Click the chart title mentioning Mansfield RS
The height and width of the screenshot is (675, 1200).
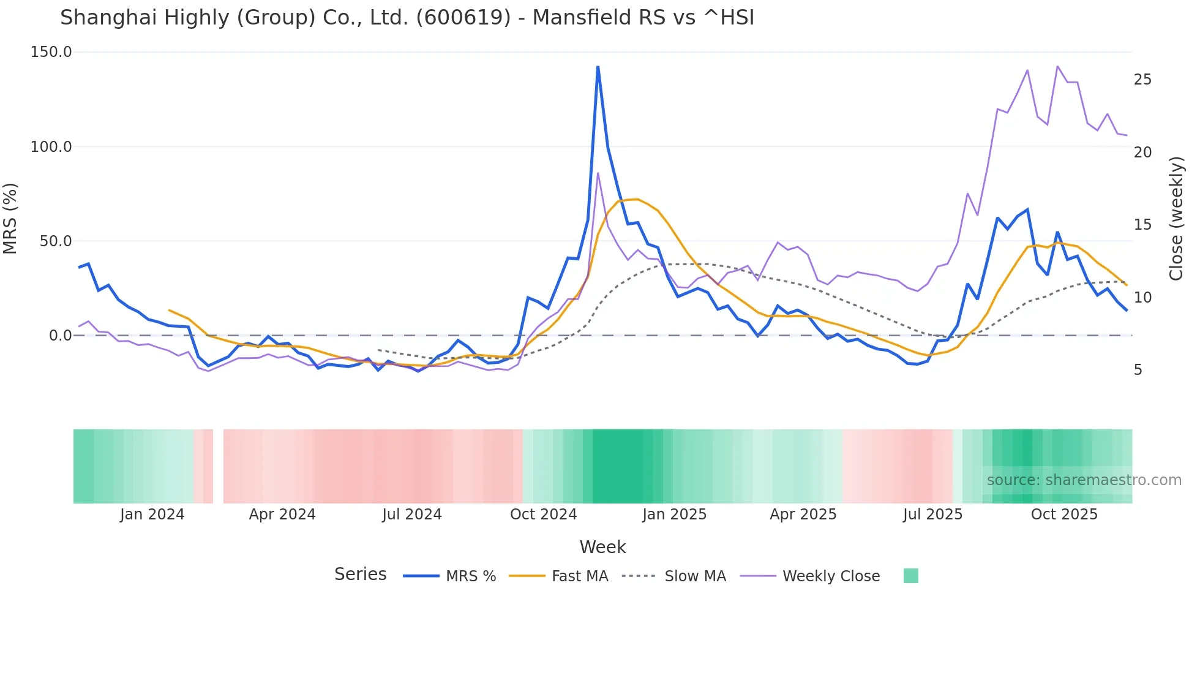407,18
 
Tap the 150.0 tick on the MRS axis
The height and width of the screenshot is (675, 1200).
51,52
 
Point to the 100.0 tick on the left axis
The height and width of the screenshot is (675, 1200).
51,147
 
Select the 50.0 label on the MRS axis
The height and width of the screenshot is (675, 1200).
56,241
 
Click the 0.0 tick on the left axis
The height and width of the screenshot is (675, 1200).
60,336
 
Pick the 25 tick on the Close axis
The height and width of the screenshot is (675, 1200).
1142,80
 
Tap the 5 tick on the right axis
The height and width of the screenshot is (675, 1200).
1138,370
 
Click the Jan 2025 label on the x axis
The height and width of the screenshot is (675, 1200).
674,515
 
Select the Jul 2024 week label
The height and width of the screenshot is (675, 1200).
412,515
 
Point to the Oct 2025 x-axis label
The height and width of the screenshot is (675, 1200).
1064,515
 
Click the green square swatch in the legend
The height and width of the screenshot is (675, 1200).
911,576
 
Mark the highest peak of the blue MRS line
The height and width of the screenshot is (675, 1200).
598,67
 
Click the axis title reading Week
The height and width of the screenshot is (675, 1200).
602,547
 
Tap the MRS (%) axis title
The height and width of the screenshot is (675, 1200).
10,218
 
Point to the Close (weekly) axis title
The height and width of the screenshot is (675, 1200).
1176,219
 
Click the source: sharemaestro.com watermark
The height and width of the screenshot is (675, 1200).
1084,480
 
